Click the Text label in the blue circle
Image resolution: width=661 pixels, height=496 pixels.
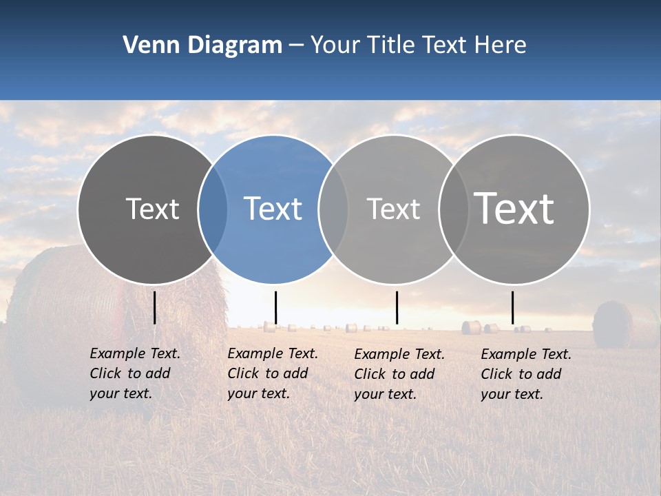coord(273,209)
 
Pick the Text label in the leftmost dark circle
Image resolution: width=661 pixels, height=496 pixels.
coord(152,209)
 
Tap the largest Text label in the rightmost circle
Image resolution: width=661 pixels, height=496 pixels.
coord(514,209)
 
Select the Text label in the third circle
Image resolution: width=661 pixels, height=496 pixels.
coord(393,209)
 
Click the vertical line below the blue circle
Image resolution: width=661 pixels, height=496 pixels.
coord(275,307)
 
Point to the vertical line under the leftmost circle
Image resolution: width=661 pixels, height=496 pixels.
coord(154,307)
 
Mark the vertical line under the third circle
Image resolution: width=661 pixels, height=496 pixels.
coord(397,307)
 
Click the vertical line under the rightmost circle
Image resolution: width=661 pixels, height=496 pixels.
coord(512,307)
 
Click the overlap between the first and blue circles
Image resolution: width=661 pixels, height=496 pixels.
coord(213,209)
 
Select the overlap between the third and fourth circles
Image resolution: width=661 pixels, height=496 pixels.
coord(451,209)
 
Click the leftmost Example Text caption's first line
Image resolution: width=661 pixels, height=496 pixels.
coord(135,353)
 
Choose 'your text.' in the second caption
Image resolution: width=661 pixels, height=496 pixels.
coord(259,393)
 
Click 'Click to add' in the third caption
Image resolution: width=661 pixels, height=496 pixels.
coord(395,374)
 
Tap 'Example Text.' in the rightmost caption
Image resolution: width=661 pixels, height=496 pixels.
coord(526,354)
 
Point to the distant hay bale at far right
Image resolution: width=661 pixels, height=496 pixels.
coord(612,324)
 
